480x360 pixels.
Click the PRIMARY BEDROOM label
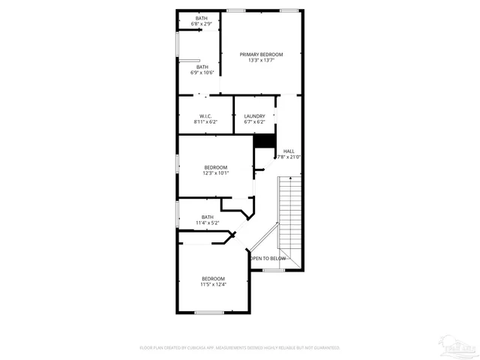point(262,55)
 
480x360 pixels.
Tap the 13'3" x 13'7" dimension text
point(262,61)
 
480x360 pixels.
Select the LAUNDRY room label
point(254,115)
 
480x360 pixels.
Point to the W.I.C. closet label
point(205,115)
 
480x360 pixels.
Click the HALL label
point(289,151)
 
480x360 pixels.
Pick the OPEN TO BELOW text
point(268,258)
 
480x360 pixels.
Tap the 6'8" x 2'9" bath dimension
point(202,24)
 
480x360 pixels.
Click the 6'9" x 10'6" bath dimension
point(202,73)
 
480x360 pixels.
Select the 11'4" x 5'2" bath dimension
point(207,223)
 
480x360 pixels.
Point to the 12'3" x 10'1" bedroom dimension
point(215,173)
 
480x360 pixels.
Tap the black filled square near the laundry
point(263,141)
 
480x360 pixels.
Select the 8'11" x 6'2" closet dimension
point(205,121)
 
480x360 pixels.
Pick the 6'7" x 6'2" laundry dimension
point(254,121)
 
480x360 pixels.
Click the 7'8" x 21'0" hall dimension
point(289,157)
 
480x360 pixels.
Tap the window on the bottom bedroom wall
point(209,312)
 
